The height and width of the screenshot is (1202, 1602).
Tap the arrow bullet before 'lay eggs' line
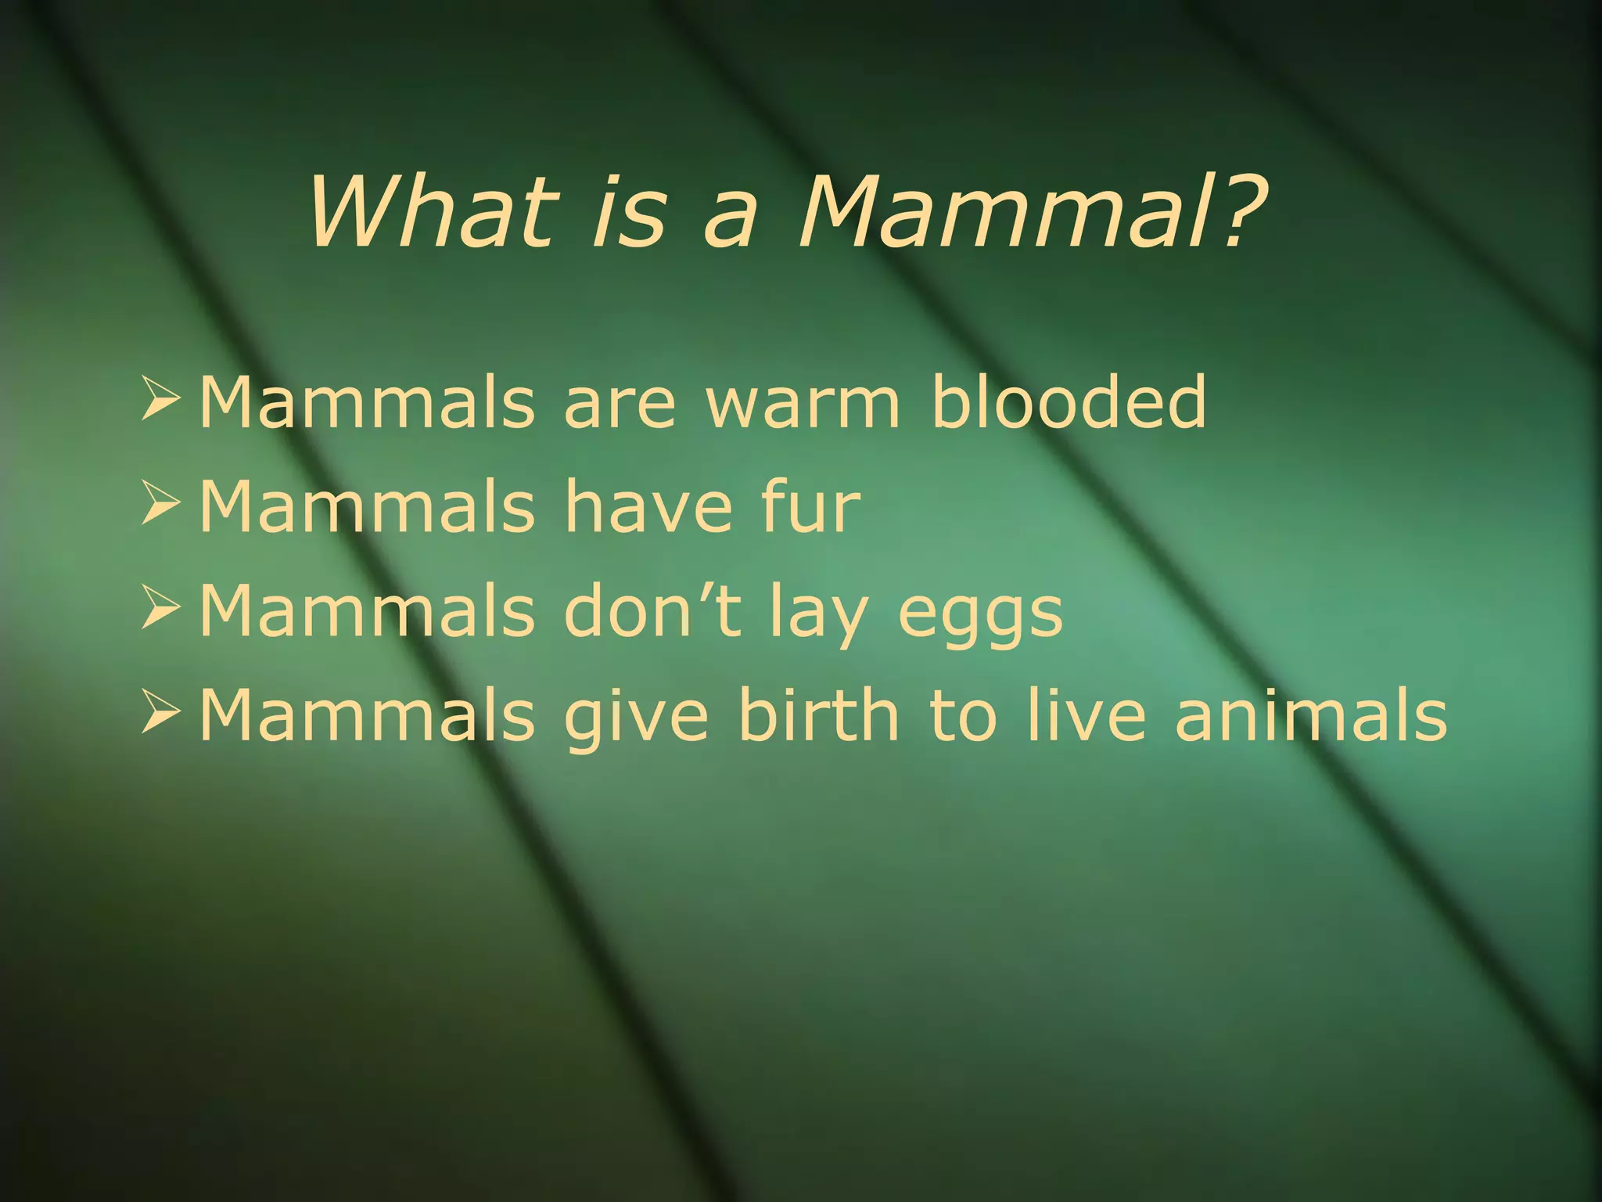160,610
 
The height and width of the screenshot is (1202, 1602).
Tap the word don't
652,611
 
